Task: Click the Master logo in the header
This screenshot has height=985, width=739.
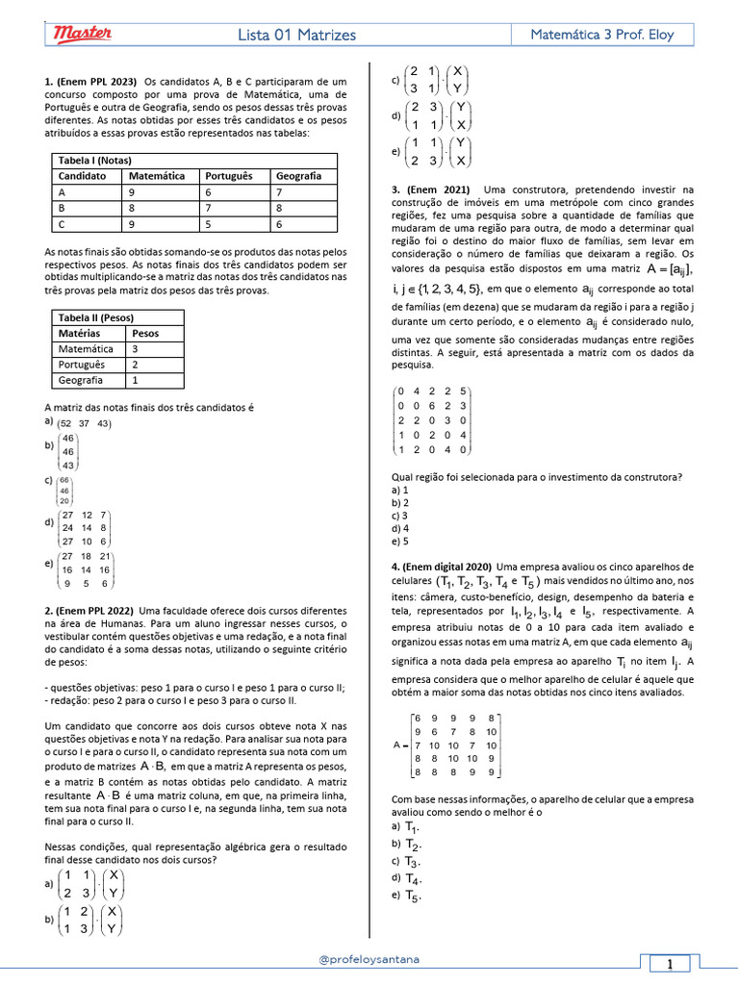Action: coord(82,35)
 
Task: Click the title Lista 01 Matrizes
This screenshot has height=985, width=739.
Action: coord(297,36)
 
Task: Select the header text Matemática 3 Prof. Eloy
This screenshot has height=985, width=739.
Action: coord(602,35)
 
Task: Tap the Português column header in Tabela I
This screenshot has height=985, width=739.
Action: coord(227,177)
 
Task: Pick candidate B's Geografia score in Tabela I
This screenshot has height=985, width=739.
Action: coord(279,208)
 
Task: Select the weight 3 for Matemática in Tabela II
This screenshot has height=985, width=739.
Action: coord(136,349)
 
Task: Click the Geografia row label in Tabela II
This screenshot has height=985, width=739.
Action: coord(80,380)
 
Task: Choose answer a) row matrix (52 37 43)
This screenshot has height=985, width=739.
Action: coord(84,423)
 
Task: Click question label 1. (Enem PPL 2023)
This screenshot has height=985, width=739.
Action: coord(90,82)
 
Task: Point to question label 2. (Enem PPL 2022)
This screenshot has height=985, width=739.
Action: coord(90,610)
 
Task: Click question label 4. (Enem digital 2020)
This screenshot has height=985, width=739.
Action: coord(442,567)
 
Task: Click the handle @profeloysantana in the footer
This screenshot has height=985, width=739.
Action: coord(369,959)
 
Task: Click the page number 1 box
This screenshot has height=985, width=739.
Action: coord(669,964)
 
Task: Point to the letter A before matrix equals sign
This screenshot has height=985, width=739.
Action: coord(397,745)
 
